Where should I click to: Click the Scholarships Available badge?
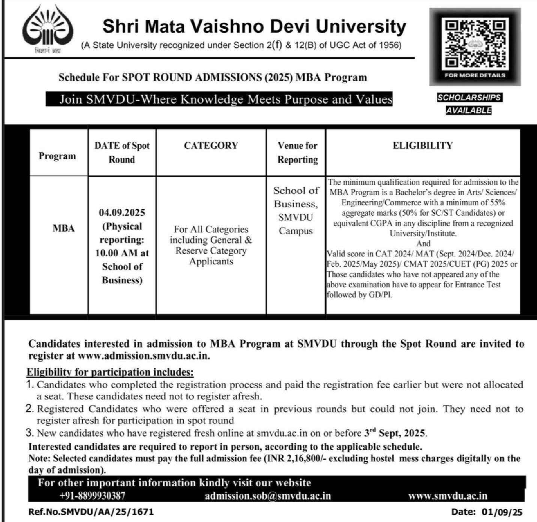point(469,104)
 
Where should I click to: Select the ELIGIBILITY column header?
point(423,146)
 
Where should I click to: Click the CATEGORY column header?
point(211,146)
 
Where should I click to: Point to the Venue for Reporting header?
point(297,152)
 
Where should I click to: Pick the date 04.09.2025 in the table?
point(122,213)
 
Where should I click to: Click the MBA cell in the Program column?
point(63,228)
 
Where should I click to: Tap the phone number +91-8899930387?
point(92,496)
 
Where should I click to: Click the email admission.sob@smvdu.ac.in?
point(268,496)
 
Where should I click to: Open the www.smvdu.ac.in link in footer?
point(448,496)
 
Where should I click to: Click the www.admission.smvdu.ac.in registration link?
point(143,356)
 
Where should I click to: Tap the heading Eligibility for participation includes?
point(110,372)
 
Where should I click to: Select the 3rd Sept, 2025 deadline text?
point(395,433)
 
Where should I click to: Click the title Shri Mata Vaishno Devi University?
point(254,27)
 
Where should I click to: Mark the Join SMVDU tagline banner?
point(226,100)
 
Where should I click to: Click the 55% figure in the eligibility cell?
point(497,203)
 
